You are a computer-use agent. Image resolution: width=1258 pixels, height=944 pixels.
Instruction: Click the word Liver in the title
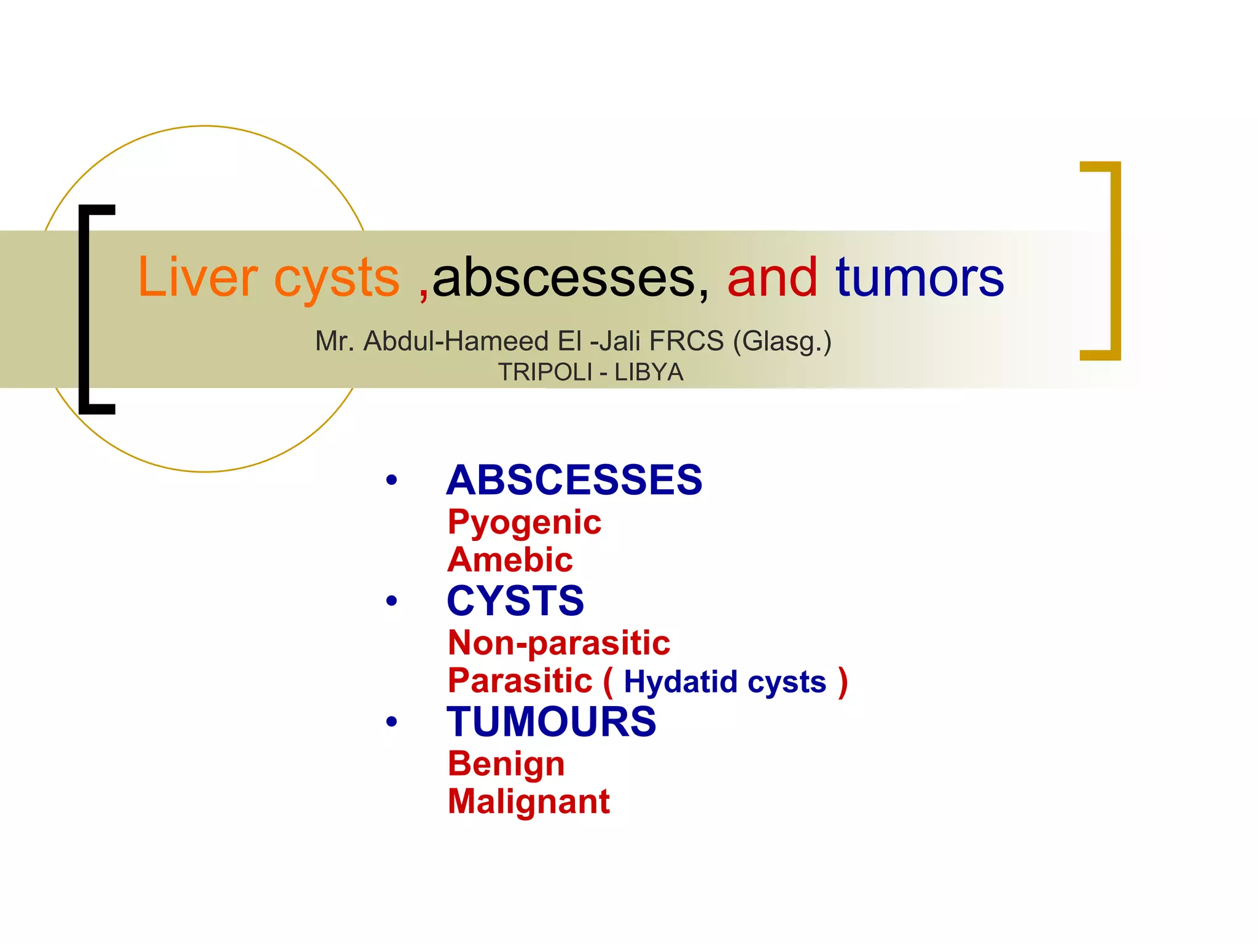pos(197,278)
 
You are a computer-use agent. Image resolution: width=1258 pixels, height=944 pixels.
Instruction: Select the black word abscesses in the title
pos(564,278)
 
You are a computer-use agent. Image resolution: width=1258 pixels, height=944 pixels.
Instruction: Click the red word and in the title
pos(772,278)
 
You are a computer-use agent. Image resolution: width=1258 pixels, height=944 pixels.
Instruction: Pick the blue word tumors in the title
pos(920,278)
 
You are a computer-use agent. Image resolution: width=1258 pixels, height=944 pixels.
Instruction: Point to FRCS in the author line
pos(686,341)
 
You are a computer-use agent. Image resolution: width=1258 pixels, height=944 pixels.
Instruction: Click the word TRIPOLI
pos(544,372)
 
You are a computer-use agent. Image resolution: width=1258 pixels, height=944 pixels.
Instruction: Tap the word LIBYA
pos(649,372)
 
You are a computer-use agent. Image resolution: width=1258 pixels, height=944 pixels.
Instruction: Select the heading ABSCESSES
pos(574,480)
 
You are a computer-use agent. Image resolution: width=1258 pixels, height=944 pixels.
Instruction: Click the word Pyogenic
pos(524,523)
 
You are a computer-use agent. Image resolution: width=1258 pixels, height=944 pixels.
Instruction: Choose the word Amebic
pos(510,560)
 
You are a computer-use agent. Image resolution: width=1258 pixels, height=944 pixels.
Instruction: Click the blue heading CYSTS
pos(515,600)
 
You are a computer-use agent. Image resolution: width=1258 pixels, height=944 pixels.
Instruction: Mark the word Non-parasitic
pos(558,643)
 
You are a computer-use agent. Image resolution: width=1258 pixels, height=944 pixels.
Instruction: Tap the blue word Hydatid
pos(680,682)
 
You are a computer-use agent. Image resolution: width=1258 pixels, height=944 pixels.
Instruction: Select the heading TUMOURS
pos(551,722)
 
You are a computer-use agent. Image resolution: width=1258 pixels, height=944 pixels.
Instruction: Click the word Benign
pos(506,764)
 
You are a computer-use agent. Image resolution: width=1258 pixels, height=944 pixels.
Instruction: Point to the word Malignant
pos(528,801)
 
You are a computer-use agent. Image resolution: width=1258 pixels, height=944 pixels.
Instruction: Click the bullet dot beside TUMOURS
pos(391,722)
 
